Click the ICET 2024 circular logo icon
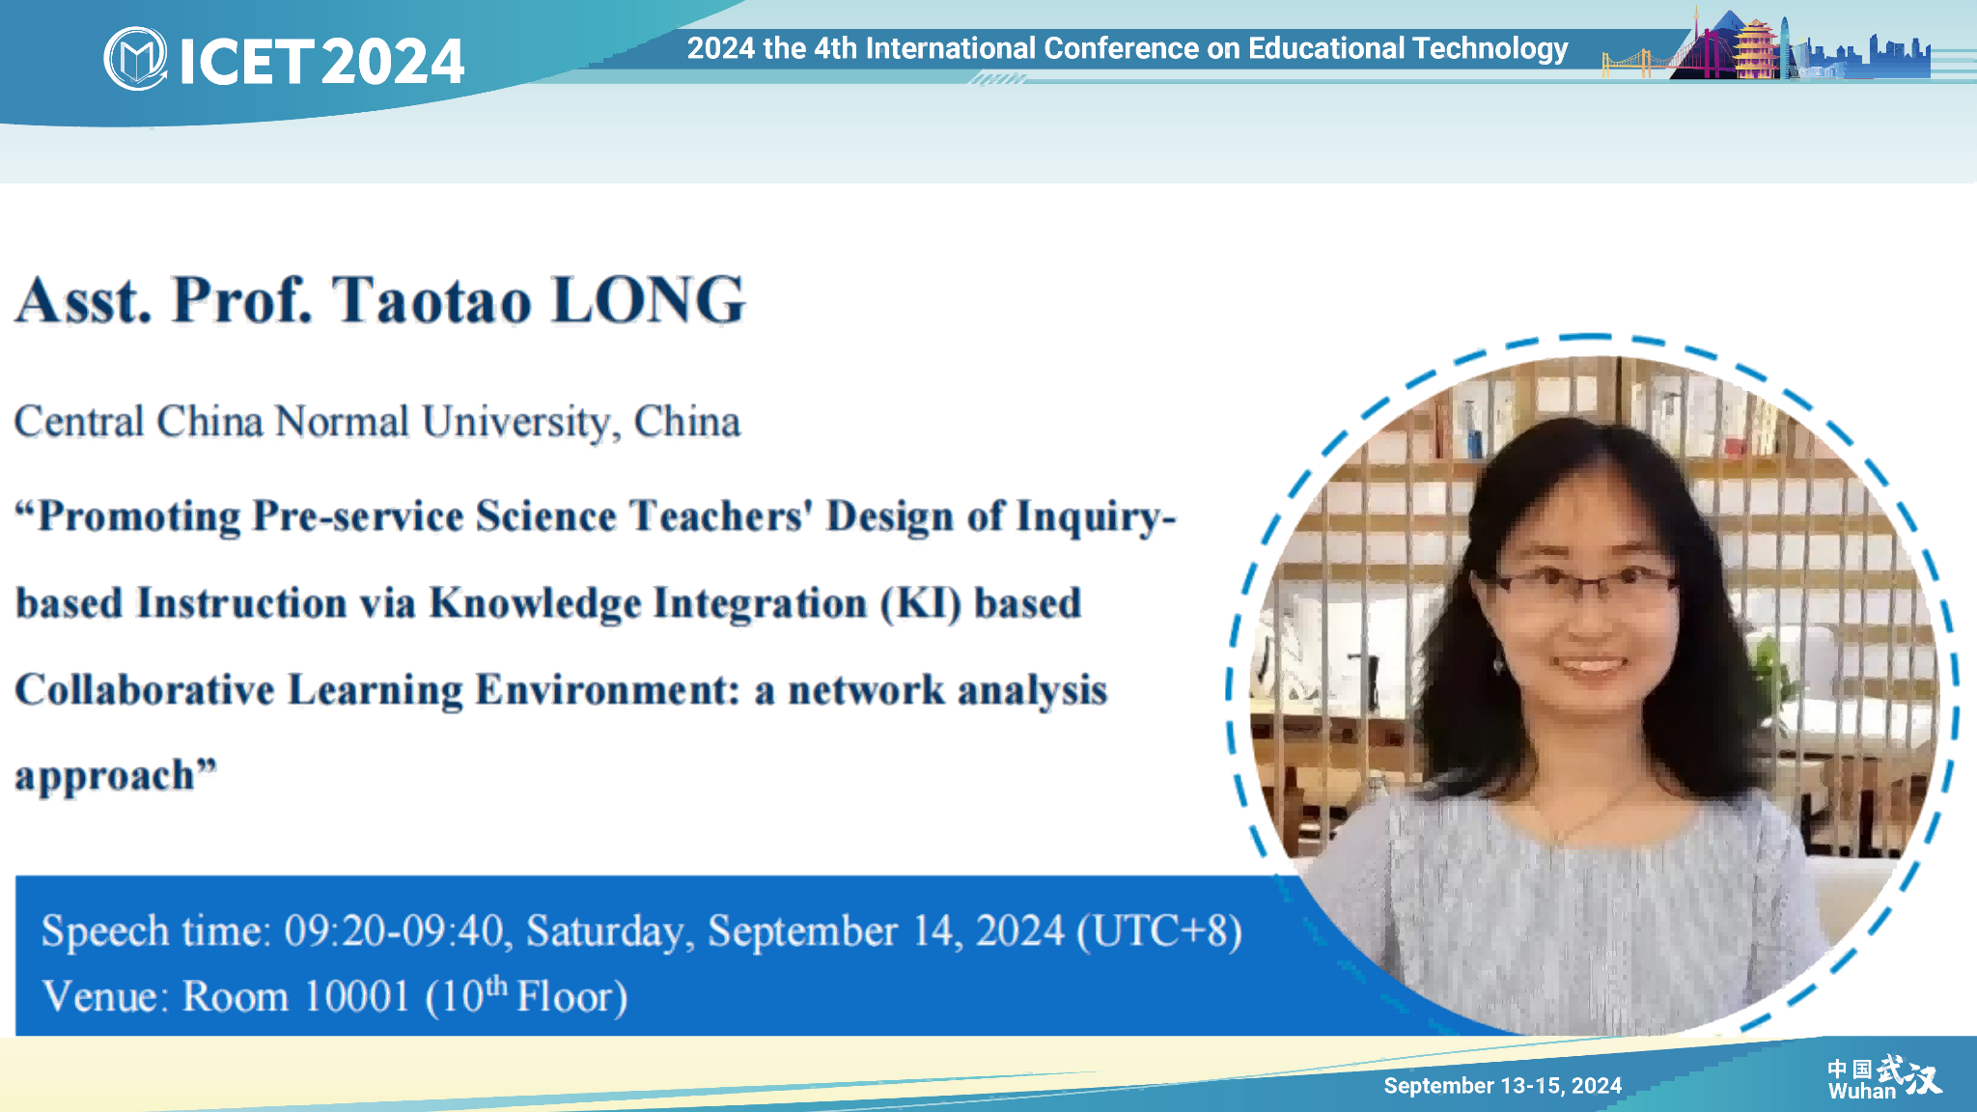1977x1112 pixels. coord(135,59)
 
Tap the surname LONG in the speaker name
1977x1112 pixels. coord(649,300)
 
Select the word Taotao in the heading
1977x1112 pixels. coord(432,300)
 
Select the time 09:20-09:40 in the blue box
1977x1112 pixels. coord(394,931)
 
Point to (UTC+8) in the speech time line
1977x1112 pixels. coord(1159,931)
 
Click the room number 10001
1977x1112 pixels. coord(357,997)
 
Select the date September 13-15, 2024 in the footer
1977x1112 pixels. coord(1502,1086)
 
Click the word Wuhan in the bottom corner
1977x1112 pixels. coord(1861,1092)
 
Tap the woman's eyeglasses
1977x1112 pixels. coord(1583,582)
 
